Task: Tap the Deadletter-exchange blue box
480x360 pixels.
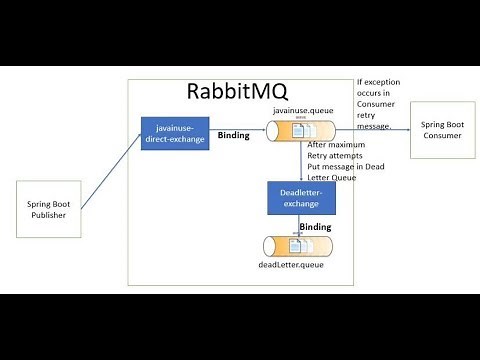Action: pos(301,198)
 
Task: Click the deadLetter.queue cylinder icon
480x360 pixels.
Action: pos(301,247)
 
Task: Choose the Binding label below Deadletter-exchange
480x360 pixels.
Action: pos(316,227)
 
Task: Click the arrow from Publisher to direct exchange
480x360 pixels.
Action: pos(110,170)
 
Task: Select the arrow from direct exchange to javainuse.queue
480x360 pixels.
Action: pos(236,127)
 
